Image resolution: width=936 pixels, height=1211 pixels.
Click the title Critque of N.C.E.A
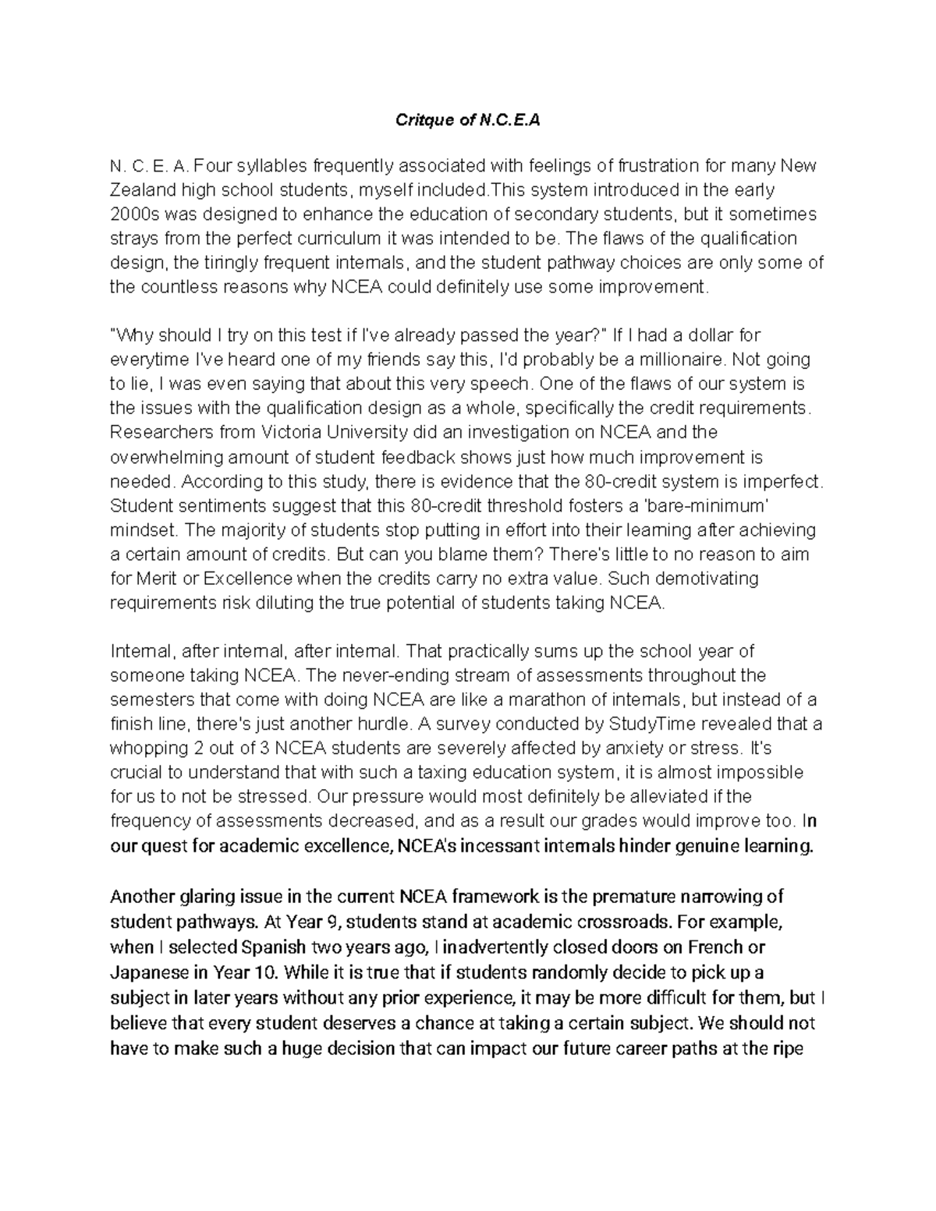pyautogui.click(x=467, y=121)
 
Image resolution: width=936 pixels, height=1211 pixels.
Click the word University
pyautogui.click(x=362, y=432)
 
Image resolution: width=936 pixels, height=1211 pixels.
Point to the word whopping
pyautogui.click(x=147, y=749)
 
